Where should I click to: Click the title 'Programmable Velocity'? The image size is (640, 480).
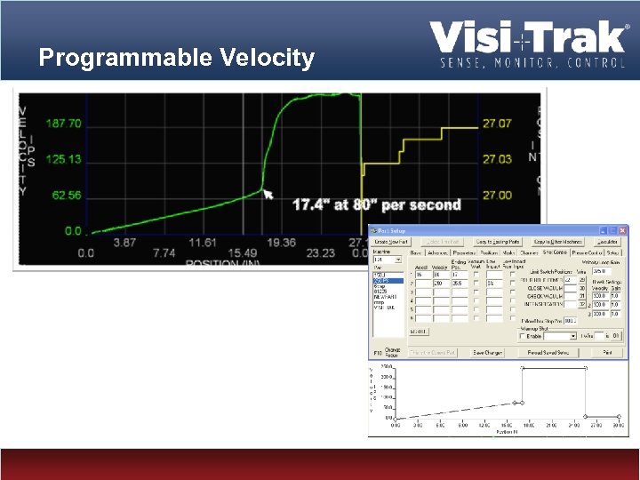(177, 59)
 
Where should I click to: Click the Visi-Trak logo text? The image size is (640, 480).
(528, 37)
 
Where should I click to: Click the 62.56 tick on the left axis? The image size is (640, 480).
(66, 195)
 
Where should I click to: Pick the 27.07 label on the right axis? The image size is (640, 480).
(497, 124)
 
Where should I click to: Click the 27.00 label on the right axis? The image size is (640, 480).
(497, 195)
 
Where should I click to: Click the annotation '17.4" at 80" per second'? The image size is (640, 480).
(377, 204)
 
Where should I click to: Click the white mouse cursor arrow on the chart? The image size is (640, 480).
(268, 194)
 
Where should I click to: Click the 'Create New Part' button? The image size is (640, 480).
(392, 242)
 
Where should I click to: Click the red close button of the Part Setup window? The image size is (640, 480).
(623, 230)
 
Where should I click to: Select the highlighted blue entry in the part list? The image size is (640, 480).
(388, 280)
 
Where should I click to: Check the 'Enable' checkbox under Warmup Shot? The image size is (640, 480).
(525, 337)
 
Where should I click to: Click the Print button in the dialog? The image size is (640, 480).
(607, 353)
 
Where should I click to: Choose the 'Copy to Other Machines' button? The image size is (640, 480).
(558, 242)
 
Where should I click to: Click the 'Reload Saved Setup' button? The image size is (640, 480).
(548, 353)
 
